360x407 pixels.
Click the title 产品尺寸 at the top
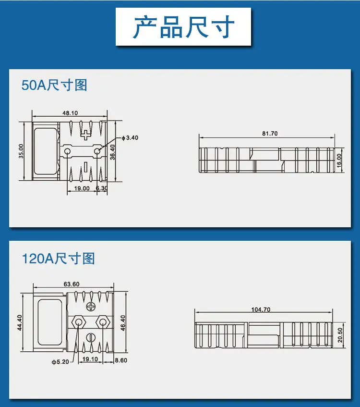click(x=183, y=27)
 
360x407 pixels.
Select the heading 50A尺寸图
click(x=54, y=85)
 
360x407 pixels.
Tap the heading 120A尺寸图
click(x=59, y=259)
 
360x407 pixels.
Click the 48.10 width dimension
click(x=70, y=113)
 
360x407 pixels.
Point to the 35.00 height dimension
click(x=21, y=151)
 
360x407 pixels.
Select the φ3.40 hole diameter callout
click(x=130, y=137)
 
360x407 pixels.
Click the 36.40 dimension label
click(x=112, y=152)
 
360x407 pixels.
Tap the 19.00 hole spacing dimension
click(x=82, y=188)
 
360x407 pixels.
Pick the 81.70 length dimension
click(x=270, y=134)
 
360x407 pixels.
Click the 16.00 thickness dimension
click(x=339, y=160)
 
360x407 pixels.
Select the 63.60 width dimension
click(x=72, y=284)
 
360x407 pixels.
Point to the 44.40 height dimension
click(x=20, y=322)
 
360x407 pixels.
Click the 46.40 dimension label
click(x=123, y=323)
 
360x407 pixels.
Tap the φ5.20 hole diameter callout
click(x=60, y=362)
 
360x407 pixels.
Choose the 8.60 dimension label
click(x=121, y=360)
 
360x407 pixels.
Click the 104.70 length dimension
click(x=261, y=309)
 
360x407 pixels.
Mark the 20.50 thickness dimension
click(x=340, y=335)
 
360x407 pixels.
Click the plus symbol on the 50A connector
click(x=85, y=135)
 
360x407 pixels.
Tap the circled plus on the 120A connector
click(x=91, y=307)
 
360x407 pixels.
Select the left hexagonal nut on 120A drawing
click(x=78, y=322)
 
